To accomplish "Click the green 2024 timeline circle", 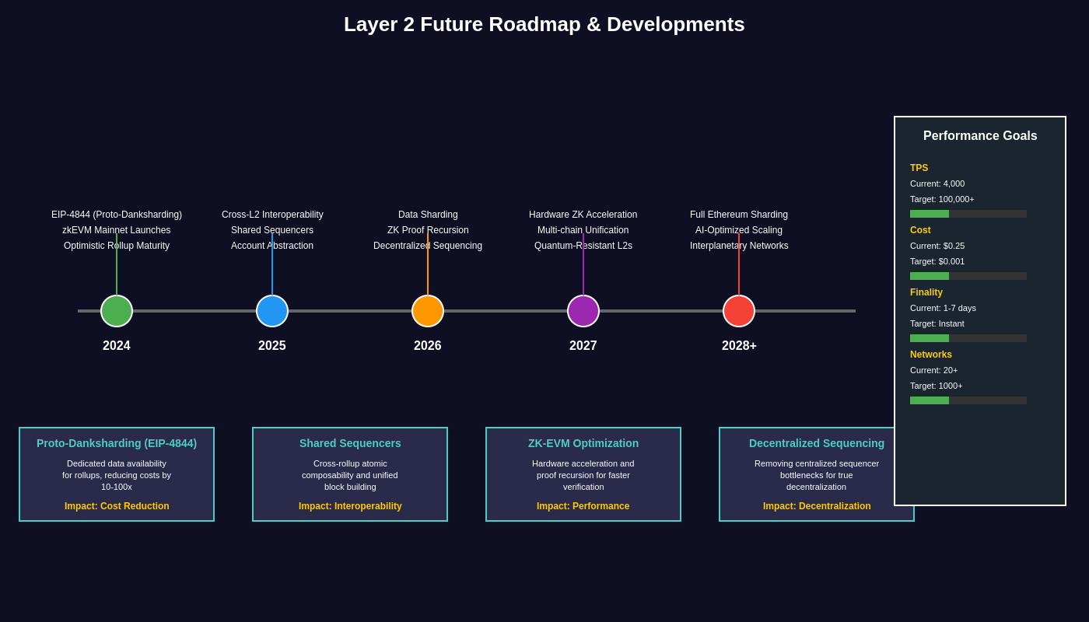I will (117, 311).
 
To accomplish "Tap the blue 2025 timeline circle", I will (272, 311).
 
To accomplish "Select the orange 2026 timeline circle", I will (428, 311).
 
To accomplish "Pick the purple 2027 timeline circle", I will (583, 311).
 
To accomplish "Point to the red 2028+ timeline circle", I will (739, 311).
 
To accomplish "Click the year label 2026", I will (428, 346).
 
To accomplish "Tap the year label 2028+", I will (739, 346).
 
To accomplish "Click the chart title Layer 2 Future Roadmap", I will (544, 24).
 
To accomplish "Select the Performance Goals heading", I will (980, 136).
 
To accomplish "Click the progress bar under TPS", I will (968, 214).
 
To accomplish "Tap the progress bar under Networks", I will (968, 400).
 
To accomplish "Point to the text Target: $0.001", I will (937, 261).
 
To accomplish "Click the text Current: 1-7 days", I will (943, 308).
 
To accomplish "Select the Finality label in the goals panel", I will (926, 292).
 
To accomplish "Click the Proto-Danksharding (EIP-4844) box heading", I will (117, 443).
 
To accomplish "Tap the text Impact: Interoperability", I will (350, 506).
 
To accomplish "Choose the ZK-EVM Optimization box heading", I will (583, 443).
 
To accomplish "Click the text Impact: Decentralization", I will (817, 506).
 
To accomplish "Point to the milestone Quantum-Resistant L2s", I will (583, 246).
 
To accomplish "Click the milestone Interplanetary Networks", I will (739, 246).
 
